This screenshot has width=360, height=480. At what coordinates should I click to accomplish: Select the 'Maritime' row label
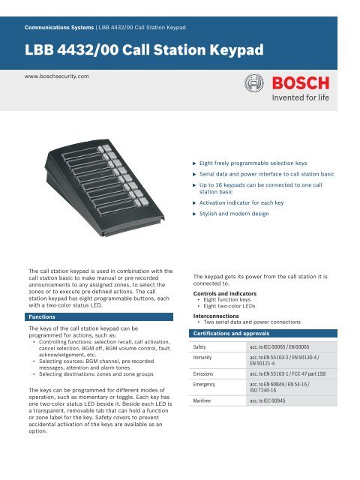click(x=206, y=422)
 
